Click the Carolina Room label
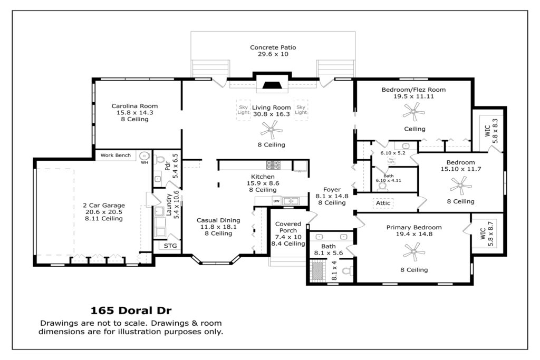[x=134, y=106]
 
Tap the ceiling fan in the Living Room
[x=272, y=130]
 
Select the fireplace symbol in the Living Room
[x=272, y=85]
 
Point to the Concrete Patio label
[x=273, y=47]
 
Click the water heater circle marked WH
[x=144, y=156]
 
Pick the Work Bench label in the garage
[x=115, y=155]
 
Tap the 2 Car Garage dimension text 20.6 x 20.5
[x=104, y=212]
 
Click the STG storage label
[x=170, y=246]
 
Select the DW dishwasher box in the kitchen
[x=276, y=201]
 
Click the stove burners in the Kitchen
[x=273, y=165]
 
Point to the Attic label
[x=383, y=203]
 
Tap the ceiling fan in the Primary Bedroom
[x=414, y=251]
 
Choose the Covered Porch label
[x=288, y=227]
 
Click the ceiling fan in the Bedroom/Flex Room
[x=413, y=112]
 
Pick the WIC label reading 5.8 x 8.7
[x=487, y=234]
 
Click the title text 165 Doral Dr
[x=131, y=310]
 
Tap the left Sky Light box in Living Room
[x=243, y=110]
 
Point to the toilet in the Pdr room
[x=160, y=159]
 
